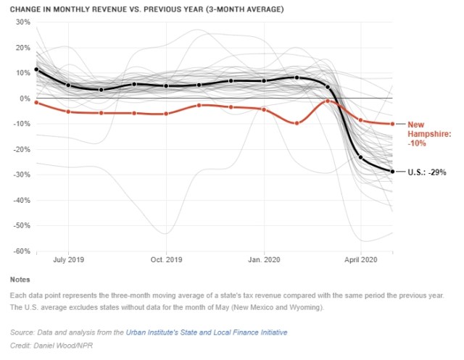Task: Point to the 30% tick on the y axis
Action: pyautogui.click(x=22, y=22)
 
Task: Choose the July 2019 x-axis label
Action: pyautogui.click(x=68, y=259)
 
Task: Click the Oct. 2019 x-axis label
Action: pyautogui.click(x=166, y=259)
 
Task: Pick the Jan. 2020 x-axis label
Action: pyautogui.click(x=264, y=259)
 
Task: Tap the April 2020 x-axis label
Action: pyautogui.click(x=361, y=259)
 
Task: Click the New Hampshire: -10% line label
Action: pyautogui.click(x=428, y=134)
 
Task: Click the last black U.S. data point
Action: pyautogui.click(x=393, y=172)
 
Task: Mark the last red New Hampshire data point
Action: pyautogui.click(x=393, y=124)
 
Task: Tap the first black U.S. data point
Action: pyautogui.click(x=36, y=70)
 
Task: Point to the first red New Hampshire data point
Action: pyautogui.click(x=36, y=103)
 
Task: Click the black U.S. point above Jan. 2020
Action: pyautogui.click(x=264, y=80)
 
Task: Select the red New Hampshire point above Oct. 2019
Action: pyautogui.click(x=166, y=114)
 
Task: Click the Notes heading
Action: pyautogui.click(x=20, y=280)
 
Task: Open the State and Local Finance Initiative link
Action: pyautogui.click(x=207, y=332)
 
